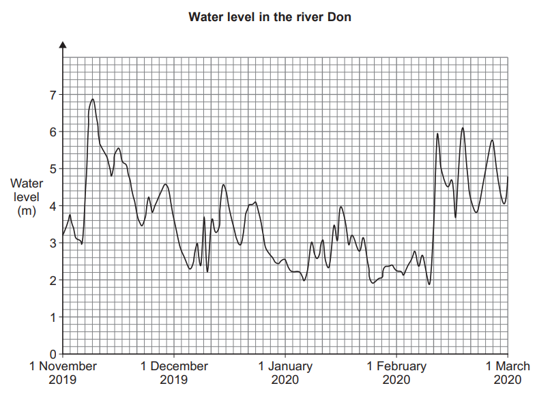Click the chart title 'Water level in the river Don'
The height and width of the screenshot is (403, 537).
click(x=270, y=16)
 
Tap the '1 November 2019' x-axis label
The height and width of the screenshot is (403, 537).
click(x=63, y=372)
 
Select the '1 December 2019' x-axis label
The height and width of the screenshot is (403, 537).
click(x=174, y=372)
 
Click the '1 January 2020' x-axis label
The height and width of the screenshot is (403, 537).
click(x=285, y=372)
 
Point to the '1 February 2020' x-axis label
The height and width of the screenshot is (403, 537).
click(x=396, y=372)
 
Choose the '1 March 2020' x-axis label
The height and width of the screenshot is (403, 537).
click(x=508, y=372)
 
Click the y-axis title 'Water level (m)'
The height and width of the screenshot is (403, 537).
click(x=26, y=197)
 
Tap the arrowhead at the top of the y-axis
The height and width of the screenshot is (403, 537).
click(x=63, y=45)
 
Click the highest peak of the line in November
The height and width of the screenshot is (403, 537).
click(x=93, y=100)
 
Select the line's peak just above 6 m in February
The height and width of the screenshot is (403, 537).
click(x=463, y=128)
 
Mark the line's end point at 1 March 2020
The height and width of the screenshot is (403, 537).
click(x=508, y=177)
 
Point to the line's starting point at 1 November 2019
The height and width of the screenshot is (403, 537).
click(x=63, y=235)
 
